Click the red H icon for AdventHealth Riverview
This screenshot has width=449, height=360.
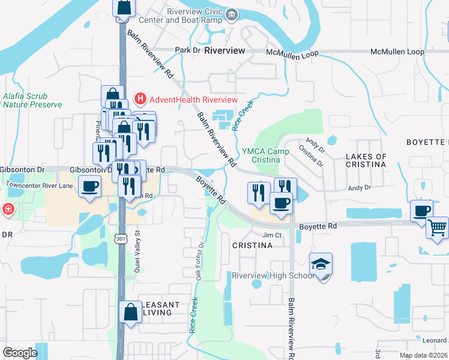click(140, 99)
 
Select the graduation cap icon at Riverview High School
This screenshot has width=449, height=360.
click(321, 263)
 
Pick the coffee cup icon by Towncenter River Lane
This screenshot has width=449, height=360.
click(89, 187)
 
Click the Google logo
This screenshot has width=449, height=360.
click(20, 353)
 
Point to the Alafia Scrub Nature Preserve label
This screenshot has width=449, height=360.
click(32, 100)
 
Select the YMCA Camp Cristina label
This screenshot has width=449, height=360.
click(261, 156)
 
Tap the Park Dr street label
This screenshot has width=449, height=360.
click(187, 50)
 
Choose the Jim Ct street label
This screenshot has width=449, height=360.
click(272, 235)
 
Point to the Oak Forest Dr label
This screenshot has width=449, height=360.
click(200, 261)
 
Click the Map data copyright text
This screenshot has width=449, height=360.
click(424, 356)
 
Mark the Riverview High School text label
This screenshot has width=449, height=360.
click(273, 276)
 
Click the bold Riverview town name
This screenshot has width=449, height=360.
click(224, 51)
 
